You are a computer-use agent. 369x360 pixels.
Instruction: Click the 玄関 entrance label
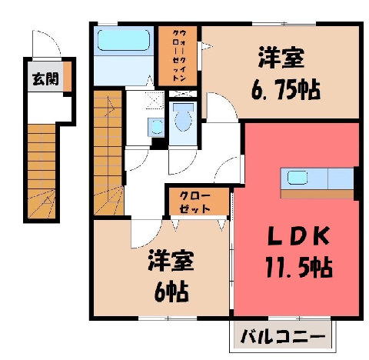point(45,78)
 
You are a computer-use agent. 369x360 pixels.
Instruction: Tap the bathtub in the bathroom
point(124,40)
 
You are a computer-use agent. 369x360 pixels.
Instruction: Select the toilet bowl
point(183,118)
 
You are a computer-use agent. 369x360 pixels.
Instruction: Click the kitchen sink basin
point(298,178)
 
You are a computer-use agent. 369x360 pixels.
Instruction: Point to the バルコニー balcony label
point(283,336)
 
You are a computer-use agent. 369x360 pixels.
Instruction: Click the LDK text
point(298,236)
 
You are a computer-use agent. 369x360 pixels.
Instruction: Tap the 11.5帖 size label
point(298,267)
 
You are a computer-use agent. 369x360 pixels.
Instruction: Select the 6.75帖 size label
point(286,90)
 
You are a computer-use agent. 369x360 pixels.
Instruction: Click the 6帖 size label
point(171,292)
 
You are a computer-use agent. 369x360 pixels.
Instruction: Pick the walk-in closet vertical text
point(179,55)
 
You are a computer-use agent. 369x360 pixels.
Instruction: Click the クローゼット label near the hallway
point(194,202)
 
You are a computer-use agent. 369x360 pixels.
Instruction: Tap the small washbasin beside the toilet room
point(156,127)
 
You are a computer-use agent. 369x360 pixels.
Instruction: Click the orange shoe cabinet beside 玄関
point(67,76)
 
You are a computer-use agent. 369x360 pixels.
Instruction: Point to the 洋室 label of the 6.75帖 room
point(281,57)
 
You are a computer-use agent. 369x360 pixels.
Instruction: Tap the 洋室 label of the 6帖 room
point(171,261)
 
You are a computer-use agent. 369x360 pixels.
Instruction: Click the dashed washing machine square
point(155,100)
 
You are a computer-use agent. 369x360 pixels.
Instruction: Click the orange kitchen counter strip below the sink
point(317,194)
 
